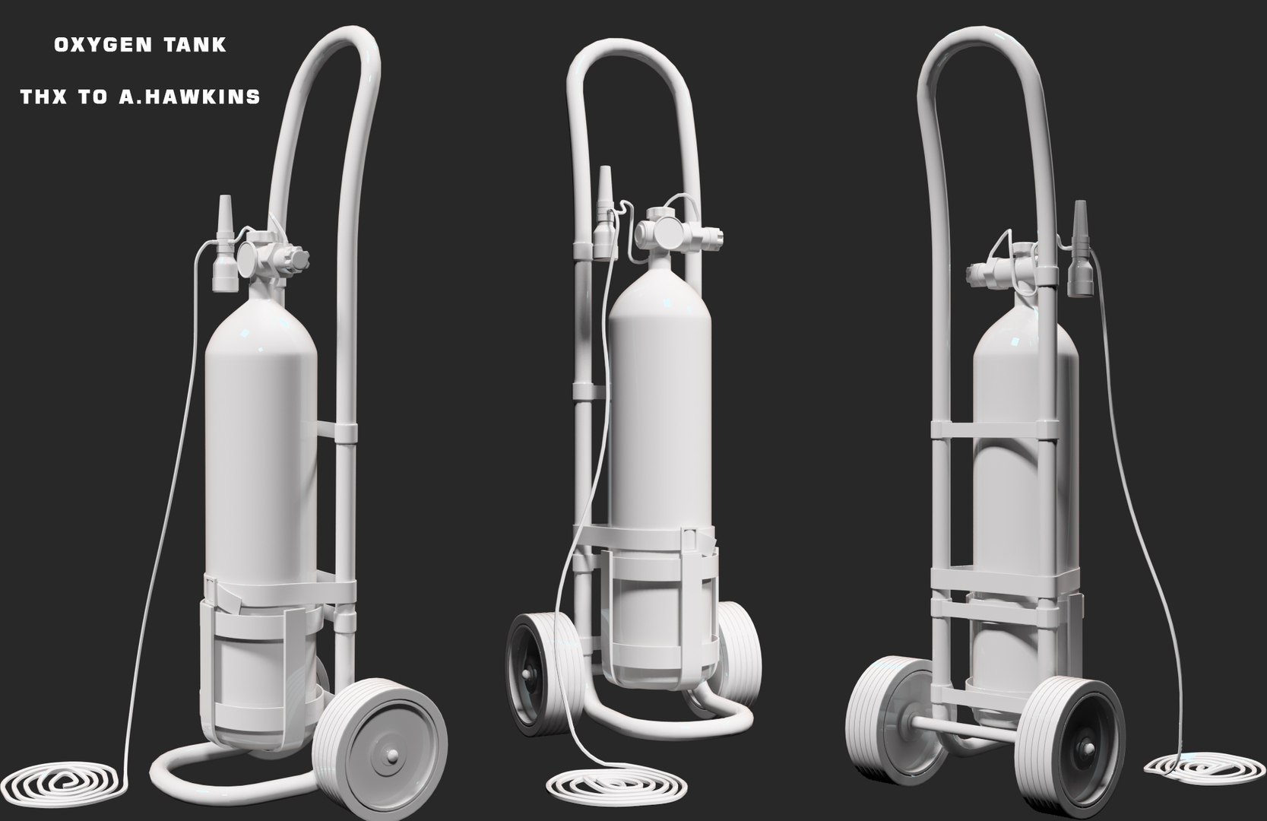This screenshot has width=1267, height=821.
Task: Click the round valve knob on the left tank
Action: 251,261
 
